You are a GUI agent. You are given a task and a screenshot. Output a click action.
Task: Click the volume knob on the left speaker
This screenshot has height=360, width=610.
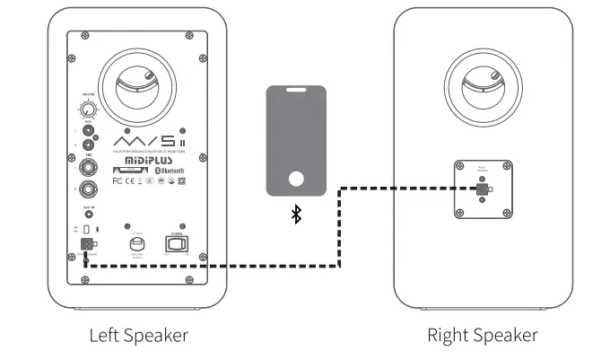87,110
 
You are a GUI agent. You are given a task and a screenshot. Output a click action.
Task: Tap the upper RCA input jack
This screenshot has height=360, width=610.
88,129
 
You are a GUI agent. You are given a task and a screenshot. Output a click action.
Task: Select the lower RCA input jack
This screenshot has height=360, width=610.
88,145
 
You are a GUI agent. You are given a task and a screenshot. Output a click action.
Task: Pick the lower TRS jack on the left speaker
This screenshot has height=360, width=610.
88,189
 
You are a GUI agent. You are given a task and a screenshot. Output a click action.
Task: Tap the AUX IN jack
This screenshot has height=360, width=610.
88,215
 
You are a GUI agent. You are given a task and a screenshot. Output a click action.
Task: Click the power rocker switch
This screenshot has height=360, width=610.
175,243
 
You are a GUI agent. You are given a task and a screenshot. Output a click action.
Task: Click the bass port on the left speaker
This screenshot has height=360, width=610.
138,85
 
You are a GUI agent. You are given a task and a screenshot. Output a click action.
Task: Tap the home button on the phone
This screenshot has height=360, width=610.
297,177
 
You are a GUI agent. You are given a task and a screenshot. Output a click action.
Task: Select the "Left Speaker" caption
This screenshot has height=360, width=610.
138,335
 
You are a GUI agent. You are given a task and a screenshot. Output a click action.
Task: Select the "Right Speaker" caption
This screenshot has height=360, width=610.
483,335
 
